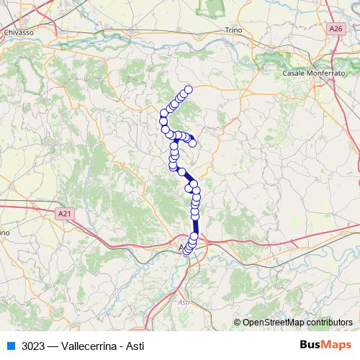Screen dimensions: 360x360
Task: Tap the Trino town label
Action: tap(234, 30)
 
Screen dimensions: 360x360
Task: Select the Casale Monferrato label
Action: tap(312, 73)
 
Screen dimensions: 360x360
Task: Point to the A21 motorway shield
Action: tap(65, 213)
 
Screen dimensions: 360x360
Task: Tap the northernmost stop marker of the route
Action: tap(189, 89)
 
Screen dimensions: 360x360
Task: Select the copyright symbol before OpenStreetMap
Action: tap(238, 323)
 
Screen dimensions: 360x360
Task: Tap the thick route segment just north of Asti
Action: tap(196, 226)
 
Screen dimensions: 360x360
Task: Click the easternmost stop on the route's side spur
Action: tap(193, 143)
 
